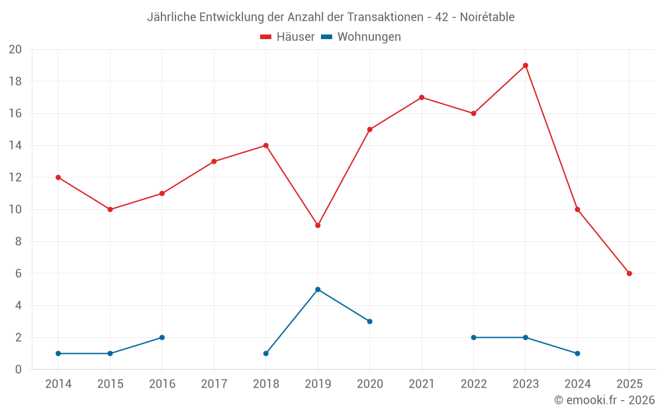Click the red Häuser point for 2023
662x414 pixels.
[x=526, y=66]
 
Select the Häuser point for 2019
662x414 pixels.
[x=318, y=225]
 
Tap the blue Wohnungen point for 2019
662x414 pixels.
[x=318, y=289]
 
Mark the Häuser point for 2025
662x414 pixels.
[x=630, y=274]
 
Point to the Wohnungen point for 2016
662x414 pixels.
[x=162, y=337]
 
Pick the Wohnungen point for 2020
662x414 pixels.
[x=369, y=321]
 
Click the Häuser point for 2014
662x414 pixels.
[x=58, y=178]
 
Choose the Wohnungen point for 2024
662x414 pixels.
[x=577, y=353]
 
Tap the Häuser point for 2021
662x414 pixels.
[x=422, y=97]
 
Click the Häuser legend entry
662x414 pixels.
[x=287, y=37]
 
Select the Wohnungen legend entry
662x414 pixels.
[x=361, y=37]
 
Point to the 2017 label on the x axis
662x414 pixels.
[x=214, y=384]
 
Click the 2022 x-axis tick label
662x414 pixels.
[x=473, y=384]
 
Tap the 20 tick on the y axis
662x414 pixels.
[x=15, y=50]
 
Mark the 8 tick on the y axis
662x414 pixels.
[x=19, y=242]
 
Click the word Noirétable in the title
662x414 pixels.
[x=488, y=17]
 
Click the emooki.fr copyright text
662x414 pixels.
[x=604, y=400]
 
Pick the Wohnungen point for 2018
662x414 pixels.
[x=266, y=353]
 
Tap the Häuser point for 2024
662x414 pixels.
[x=577, y=209]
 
